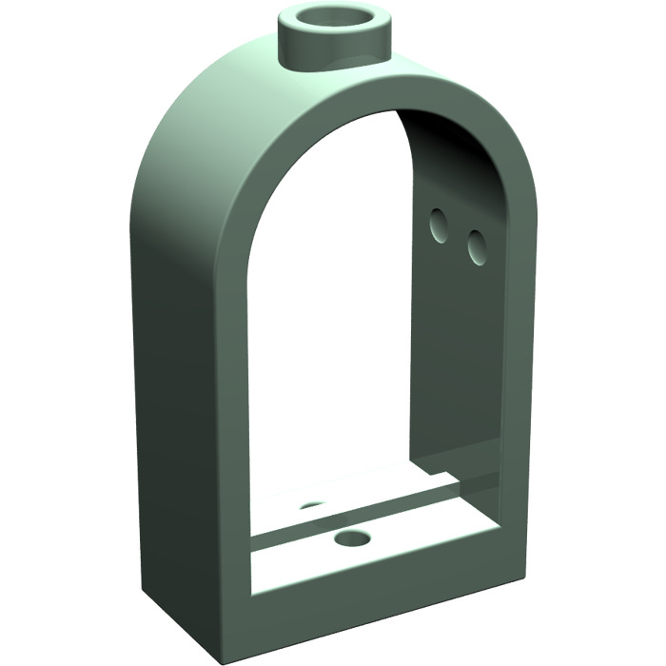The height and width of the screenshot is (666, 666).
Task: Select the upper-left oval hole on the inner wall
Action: pos(439,225)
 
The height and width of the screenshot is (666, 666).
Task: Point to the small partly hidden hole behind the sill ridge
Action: pos(312,505)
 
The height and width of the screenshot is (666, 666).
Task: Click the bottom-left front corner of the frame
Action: pos(234,623)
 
